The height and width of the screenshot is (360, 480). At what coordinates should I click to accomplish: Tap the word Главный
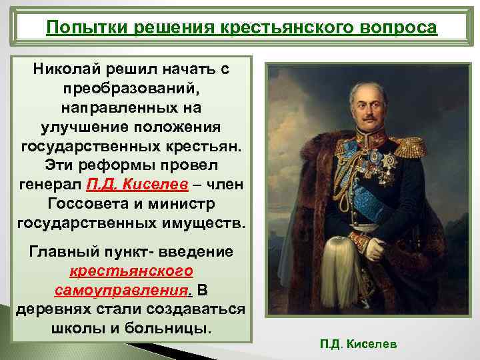[61, 253]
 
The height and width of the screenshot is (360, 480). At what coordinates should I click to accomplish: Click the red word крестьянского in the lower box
[131, 271]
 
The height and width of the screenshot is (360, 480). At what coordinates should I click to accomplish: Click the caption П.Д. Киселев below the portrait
[358, 344]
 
